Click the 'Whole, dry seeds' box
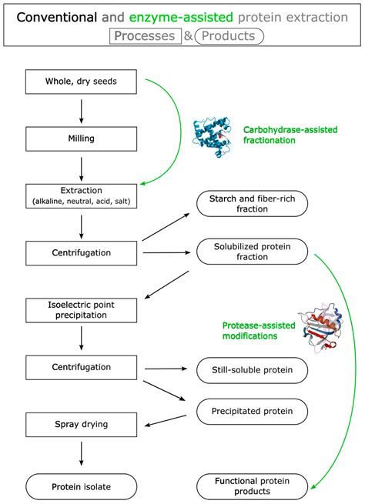tap(82, 82)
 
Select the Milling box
tap(82, 139)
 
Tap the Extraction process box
tap(82, 195)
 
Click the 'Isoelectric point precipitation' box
tap(82, 310)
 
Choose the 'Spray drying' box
tap(82, 424)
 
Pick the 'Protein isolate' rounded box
tap(82, 486)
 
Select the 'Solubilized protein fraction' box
tap(253, 252)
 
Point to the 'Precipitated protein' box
tap(253, 411)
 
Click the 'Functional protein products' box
tap(253, 486)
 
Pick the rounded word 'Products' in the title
tap(229, 36)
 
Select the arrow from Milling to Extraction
tap(82, 167)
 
